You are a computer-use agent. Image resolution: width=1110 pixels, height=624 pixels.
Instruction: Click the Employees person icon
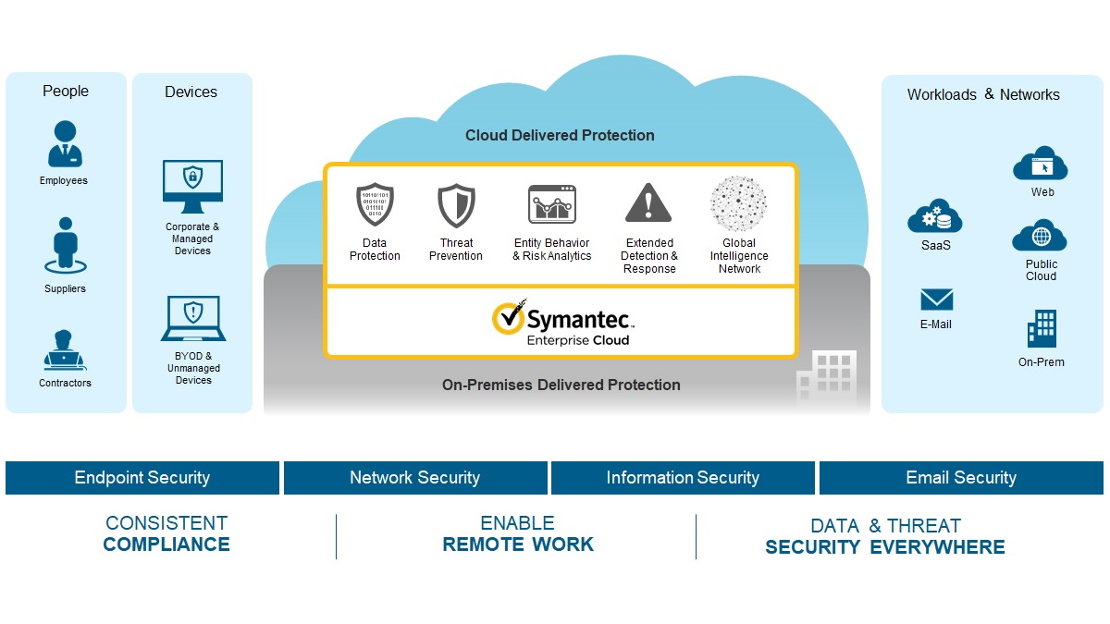(64, 144)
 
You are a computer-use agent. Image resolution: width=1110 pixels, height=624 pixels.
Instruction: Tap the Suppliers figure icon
(64, 245)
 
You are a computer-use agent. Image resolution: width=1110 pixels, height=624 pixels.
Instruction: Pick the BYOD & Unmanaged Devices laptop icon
(192, 318)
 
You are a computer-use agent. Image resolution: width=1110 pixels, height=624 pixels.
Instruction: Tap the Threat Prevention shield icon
(456, 205)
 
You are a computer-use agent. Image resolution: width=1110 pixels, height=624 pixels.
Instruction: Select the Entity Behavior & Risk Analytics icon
(552, 204)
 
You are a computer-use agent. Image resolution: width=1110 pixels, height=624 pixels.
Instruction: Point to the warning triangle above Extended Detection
(648, 203)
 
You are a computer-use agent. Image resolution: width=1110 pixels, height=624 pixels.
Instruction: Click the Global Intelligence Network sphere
(738, 204)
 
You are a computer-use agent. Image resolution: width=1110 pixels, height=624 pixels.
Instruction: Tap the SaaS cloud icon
(935, 216)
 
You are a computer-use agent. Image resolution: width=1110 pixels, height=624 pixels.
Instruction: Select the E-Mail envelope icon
(936, 300)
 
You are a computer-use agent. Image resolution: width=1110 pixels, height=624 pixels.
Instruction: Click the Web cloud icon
(1041, 165)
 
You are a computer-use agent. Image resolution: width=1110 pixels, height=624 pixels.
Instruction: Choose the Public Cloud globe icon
(1041, 237)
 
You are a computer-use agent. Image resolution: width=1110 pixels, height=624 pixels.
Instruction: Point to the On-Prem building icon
(1042, 329)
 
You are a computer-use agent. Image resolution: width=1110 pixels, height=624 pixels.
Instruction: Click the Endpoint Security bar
(142, 478)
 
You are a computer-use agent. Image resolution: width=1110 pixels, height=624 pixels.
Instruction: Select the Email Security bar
(961, 478)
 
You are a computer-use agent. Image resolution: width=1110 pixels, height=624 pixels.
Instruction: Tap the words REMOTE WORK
(518, 544)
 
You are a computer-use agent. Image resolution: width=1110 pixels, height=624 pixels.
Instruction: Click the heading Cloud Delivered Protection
(560, 136)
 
